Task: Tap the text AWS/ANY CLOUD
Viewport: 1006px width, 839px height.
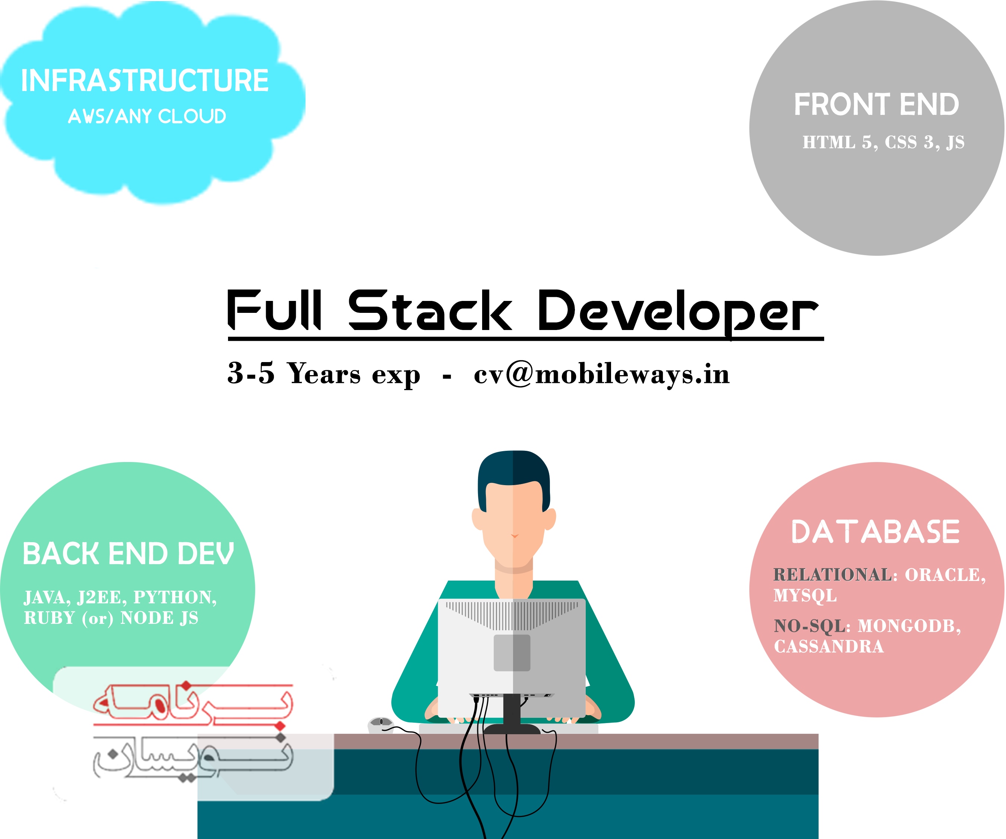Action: pyautogui.click(x=147, y=116)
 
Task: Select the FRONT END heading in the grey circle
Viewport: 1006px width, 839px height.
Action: pyautogui.click(x=877, y=104)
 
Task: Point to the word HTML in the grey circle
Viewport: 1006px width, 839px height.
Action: pyautogui.click(x=829, y=142)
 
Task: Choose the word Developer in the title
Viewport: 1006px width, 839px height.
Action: pyautogui.click(x=678, y=312)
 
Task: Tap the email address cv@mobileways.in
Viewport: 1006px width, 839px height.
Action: pyautogui.click(x=602, y=374)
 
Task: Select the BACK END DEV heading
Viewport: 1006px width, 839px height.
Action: pyautogui.click(x=129, y=554)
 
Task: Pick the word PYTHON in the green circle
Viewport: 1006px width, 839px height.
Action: pyautogui.click(x=175, y=597)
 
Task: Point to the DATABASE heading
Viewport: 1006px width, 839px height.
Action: pyautogui.click(x=876, y=532)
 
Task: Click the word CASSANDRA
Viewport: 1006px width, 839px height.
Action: pyautogui.click(x=829, y=646)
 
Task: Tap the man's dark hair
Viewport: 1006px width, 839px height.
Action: pyautogui.click(x=513, y=475)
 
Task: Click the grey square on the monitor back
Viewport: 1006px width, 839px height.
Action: pyautogui.click(x=512, y=653)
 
